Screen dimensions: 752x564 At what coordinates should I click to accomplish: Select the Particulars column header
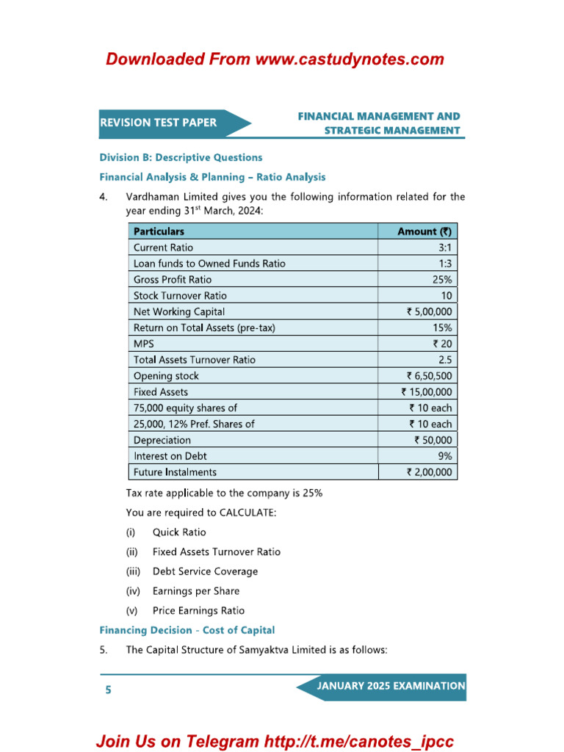(x=159, y=231)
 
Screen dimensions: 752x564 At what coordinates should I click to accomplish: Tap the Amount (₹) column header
(x=424, y=231)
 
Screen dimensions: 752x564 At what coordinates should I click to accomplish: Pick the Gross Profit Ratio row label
(x=172, y=280)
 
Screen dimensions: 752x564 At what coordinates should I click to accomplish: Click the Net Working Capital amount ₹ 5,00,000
(x=429, y=312)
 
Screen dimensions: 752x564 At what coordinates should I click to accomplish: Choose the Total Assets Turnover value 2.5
(x=444, y=360)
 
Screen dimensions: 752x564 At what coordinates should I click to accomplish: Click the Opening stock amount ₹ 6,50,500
(x=429, y=376)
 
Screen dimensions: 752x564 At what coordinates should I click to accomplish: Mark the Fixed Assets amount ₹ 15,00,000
(x=427, y=392)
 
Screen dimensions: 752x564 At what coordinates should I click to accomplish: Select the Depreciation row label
(x=162, y=441)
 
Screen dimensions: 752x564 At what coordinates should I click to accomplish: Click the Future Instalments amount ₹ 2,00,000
(x=429, y=472)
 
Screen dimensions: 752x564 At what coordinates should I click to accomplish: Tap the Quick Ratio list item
(x=179, y=532)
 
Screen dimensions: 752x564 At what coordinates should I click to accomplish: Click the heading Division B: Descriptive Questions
(x=181, y=157)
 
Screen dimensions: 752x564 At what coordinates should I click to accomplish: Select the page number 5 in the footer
(x=109, y=690)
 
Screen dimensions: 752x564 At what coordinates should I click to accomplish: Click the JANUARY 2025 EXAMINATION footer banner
(x=390, y=687)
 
